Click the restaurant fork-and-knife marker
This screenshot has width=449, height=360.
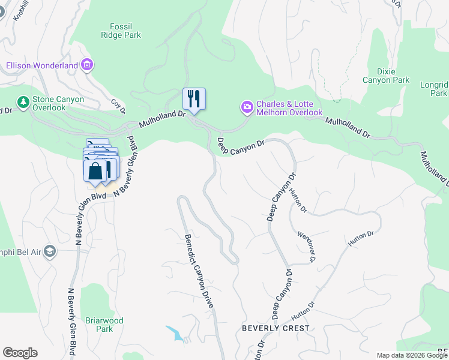coord(194,98)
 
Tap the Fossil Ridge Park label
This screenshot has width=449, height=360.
coord(125,31)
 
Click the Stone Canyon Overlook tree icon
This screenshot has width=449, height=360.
coord(23,102)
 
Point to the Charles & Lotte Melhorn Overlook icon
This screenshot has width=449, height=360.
coord(247,107)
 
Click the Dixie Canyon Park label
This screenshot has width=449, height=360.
coord(386,76)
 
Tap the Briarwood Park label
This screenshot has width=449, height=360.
coord(104,325)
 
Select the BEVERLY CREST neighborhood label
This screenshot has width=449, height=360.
coord(276,328)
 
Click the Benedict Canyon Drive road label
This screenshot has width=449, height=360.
coord(199,271)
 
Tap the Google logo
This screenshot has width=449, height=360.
coord(20,353)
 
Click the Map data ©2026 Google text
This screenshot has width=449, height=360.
coord(412,355)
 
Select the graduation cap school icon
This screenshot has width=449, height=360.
coord(50,251)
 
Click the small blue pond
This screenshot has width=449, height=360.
coord(174,333)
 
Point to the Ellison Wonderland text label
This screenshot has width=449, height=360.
coord(42,65)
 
